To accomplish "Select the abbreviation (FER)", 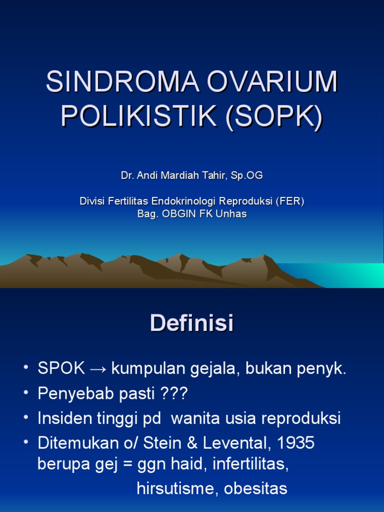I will [289, 201].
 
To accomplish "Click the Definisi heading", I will [192, 323].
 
